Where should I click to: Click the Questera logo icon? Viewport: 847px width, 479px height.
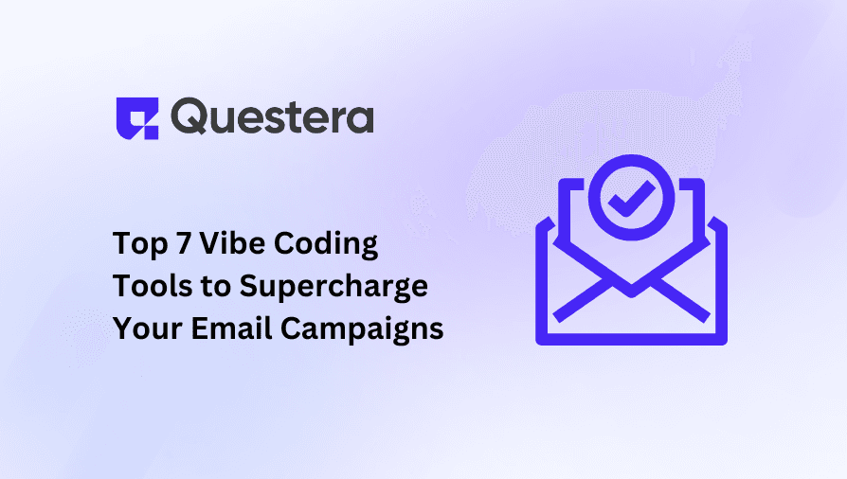135,118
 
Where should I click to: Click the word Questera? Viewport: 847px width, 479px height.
273,118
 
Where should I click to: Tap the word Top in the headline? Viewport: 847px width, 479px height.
136,244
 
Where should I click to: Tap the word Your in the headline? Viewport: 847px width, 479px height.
140,329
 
